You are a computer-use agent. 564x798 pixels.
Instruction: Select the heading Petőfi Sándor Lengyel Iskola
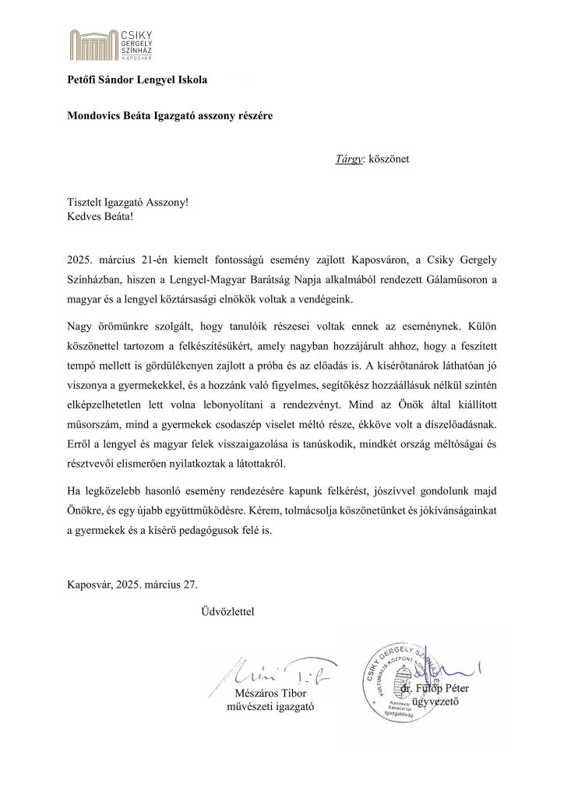[x=137, y=80]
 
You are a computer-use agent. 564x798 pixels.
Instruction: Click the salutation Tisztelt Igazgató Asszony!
[x=128, y=201]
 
